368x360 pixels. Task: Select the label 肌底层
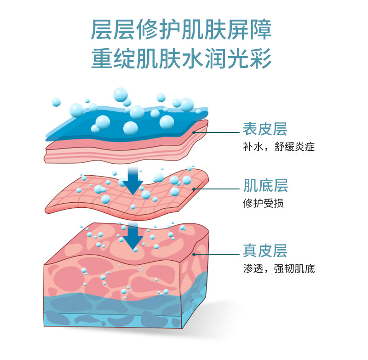coord(265,186)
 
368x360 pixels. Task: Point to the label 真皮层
coord(265,251)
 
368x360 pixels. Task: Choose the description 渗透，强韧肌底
coord(279,269)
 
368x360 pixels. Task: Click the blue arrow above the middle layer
coord(133,181)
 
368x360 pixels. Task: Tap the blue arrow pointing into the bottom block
coord(134,236)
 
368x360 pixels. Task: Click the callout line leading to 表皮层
coord(216,132)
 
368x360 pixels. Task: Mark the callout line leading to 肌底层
coord(216,189)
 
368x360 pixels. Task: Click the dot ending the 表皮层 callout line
coord(195,132)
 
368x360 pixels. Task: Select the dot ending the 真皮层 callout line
coord(195,253)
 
